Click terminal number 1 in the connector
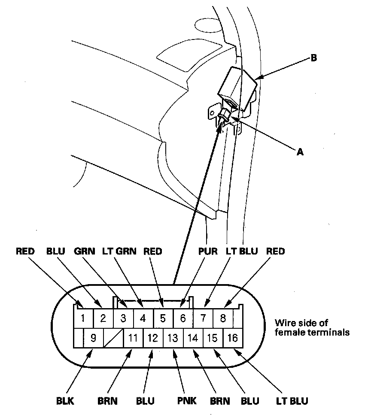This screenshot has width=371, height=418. [83, 318]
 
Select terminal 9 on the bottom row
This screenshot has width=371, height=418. [93, 338]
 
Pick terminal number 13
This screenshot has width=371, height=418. [173, 338]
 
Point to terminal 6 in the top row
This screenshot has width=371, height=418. [183, 318]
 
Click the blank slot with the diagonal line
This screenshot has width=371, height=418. [113, 338]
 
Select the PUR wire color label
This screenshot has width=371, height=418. [208, 251]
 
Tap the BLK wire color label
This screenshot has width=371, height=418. [65, 401]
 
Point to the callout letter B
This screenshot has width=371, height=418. [313, 58]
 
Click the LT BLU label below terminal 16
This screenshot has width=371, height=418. [292, 401]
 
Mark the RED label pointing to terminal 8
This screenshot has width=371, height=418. [276, 251]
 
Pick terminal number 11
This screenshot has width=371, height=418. [133, 338]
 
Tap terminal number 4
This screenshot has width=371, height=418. [143, 318]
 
